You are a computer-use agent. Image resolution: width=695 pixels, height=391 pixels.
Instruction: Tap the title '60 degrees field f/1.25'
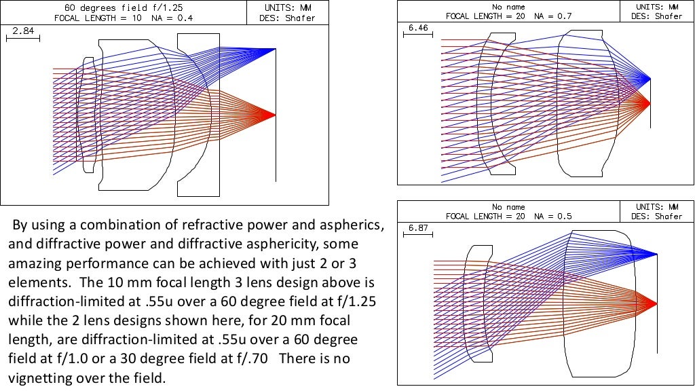point(124,7)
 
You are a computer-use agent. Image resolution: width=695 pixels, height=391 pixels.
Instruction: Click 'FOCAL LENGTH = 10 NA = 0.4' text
point(124,18)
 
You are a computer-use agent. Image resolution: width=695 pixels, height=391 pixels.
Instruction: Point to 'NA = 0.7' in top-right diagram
point(551,15)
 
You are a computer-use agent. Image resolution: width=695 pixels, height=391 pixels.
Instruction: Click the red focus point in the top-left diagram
point(275,115)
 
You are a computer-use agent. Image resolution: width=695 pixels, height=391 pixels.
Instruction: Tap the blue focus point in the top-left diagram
point(275,49)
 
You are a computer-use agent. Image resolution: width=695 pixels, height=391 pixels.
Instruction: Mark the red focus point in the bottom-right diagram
point(656,302)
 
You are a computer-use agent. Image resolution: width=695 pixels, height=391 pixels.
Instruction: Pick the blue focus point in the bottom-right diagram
point(656,254)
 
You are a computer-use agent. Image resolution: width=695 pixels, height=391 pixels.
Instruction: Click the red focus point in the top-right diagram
point(650,103)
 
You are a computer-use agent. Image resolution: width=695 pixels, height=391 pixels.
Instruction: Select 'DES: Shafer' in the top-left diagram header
point(288,18)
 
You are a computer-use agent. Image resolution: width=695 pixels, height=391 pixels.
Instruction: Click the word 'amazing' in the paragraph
point(33,262)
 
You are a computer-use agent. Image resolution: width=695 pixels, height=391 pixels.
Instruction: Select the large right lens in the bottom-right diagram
point(601,302)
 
